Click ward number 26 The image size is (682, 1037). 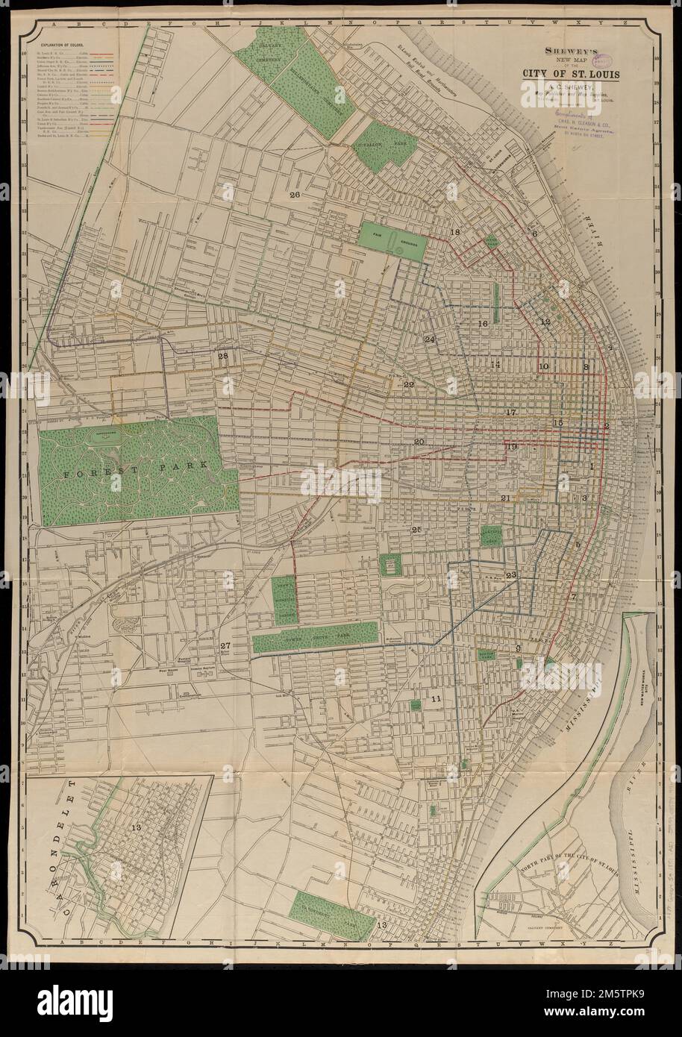coord(295,195)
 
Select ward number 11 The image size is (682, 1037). coord(437,699)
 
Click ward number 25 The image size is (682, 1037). coord(416,530)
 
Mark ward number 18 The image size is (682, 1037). coord(455,234)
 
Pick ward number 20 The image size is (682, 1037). coord(419,442)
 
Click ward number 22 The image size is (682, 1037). coord(408,385)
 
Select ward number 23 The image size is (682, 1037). coord(511,575)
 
